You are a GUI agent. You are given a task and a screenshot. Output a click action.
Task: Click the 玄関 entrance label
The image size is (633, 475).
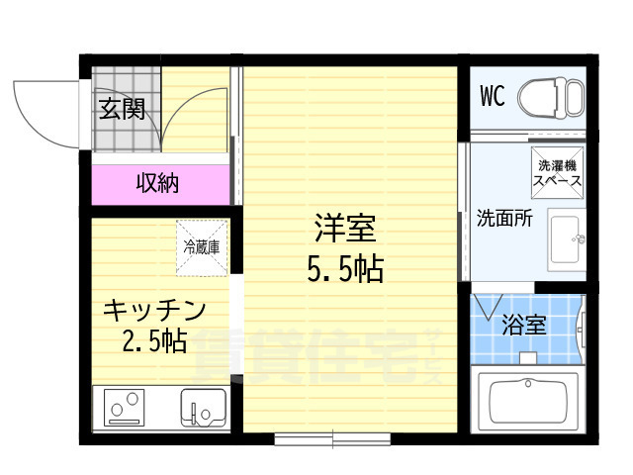pos(122,109)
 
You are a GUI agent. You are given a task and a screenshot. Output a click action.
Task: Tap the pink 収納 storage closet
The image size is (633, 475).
pos(158,183)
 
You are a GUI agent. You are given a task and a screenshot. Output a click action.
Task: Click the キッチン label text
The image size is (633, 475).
pos(155,310)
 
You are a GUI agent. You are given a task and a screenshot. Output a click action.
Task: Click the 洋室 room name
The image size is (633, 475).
pos(345,230)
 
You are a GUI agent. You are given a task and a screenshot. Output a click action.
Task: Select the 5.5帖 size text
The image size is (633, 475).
pos(345,268)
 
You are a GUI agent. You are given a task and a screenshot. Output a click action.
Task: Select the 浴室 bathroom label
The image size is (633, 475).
pos(524,324)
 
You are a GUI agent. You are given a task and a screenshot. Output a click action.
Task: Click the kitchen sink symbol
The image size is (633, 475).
pos(202,408)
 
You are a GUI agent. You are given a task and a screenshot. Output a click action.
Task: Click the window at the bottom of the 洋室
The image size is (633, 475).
pos(332,436)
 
